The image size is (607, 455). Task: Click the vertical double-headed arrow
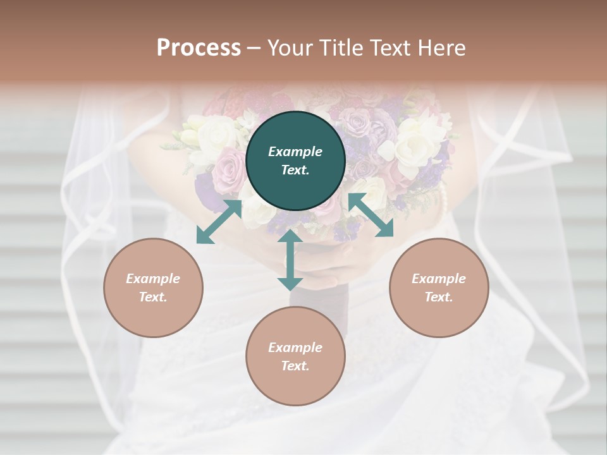pyautogui.click(x=290, y=260)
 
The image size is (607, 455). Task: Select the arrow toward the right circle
pyautogui.click(x=371, y=215)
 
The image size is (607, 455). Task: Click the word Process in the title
pyautogui.click(x=199, y=48)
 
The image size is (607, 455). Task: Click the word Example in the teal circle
pyautogui.click(x=295, y=152)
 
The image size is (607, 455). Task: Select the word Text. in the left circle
pyautogui.click(x=153, y=297)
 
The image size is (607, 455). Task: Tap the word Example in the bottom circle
pyautogui.click(x=295, y=348)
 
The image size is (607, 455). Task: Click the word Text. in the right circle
pyautogui.click(x=439, y=297)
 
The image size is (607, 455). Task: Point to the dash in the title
pyautogui.click(x=254, y=48)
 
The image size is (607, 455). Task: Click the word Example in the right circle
pyautogui.click(x=439, y=279)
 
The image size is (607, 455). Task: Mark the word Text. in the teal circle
pyautogui.click(x=295, y=170)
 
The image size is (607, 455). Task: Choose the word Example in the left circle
pyautogui.click(x=153, y=279)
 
